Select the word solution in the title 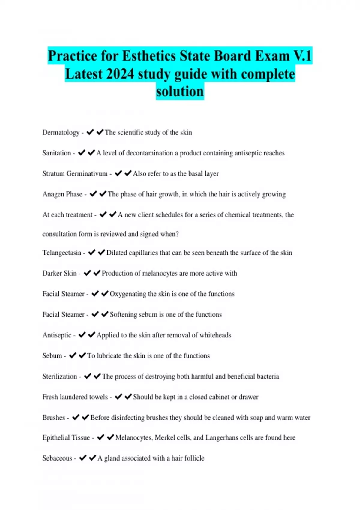click(180, 91)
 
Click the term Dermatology click(61, 133)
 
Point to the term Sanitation click(57, 153)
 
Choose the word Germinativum click(87, 174)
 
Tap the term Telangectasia click(62, 253)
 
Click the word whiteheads click(215, 335)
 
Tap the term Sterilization click(60, 376)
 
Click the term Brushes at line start click(54, 418)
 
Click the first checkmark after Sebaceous click(83, 458)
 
